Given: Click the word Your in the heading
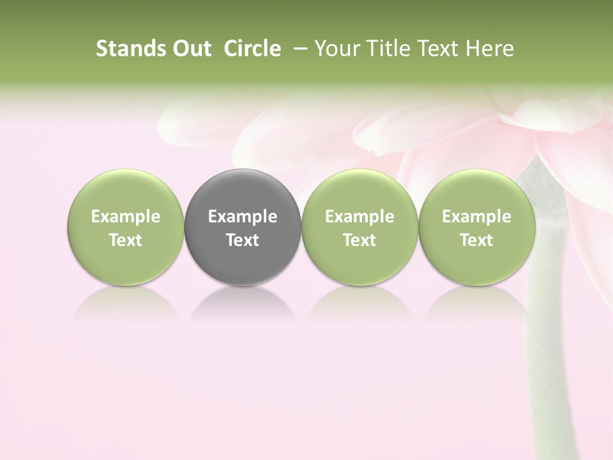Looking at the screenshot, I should [336, 49].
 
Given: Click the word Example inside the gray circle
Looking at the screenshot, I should [243, 217].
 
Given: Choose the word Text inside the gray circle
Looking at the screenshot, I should [243, 240].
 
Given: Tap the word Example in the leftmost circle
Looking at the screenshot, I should [125, 217].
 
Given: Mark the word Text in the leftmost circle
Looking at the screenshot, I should [125, 240].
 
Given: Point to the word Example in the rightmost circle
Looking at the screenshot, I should [476, 217].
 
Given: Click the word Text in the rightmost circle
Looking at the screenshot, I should [476, 240].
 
